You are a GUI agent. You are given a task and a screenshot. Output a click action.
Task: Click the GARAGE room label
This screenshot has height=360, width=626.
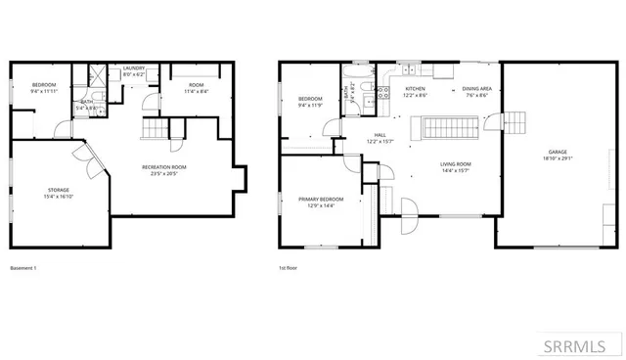pyautogui.click(x=557, y=152)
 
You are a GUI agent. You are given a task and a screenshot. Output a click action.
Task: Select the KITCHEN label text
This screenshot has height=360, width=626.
pyautogui.click(x=416, y=89)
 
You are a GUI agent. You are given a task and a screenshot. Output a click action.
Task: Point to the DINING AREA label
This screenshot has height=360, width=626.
pyautogui.click(x=476, y=89)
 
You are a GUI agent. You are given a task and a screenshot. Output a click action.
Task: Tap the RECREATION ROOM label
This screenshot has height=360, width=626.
pyautogui.click(x=163, y=166)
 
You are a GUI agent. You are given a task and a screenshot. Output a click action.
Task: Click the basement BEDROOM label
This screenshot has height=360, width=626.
pyautogui.click(x=45, y=84)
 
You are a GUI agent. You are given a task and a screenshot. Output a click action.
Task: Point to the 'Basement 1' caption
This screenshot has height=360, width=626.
pyautogui.click(x=22, y=268)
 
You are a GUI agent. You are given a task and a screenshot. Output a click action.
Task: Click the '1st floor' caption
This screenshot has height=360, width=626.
pyautogui.click(x=290, y=268)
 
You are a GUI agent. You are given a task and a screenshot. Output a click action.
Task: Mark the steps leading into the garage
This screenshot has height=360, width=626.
pyautogui.click(x=513, y=121)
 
